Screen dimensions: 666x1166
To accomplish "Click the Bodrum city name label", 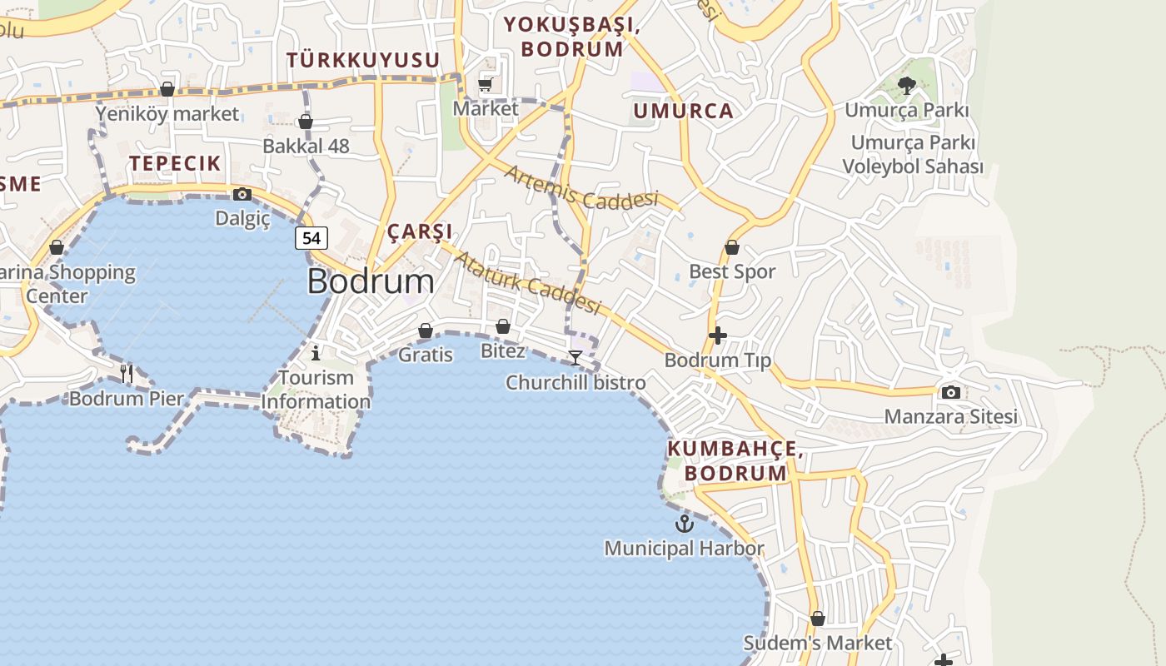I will pyautogui.click(x=371, y=281).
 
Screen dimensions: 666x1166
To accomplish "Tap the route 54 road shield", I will pyautogui.click(x=311, y=238).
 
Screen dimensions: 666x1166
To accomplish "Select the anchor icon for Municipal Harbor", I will pyautogui.click(x=684, y=524).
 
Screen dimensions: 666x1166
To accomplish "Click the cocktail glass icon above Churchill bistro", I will pyautogui.click(x=576, y=358).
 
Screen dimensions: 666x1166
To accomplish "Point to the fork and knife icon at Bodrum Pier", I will pyautogui.click(x=127, y=373).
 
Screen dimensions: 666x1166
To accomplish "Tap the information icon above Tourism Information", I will pyautogui.click(x=315, y=353).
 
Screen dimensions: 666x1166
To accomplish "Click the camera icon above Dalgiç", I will pyautogui.click(x=242, y=194).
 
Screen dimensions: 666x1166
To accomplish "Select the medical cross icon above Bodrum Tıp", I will pyautogui.click(x=717, y=335).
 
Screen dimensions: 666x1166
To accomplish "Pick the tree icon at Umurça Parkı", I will pyautogui.click(x=907, y=85).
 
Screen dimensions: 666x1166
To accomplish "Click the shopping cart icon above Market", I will pyautogui.click(x=486, y=84).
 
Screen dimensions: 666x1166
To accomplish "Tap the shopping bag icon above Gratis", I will pyautogui.click(x=425, y=331).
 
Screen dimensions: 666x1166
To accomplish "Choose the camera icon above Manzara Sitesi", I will pyautogui.click(x=950, y=392).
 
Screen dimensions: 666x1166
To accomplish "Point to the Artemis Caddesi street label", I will pyautogui.click(x=581, y=188).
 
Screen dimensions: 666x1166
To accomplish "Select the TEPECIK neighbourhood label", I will pyautogui.click(x=175, y=163).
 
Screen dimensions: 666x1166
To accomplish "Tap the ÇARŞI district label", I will pyautogui.click(x=420, y=231).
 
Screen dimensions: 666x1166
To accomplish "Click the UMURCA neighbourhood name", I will pyautogui.click(x=683, y=111).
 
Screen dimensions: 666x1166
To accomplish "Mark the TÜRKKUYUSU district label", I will pyautogui.click(x=363, y=60).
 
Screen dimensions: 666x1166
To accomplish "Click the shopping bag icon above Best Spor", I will pyautogui.click(x=731, y=247).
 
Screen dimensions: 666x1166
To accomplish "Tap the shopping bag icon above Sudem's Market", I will pyautogui.click(x=818, y=619).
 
